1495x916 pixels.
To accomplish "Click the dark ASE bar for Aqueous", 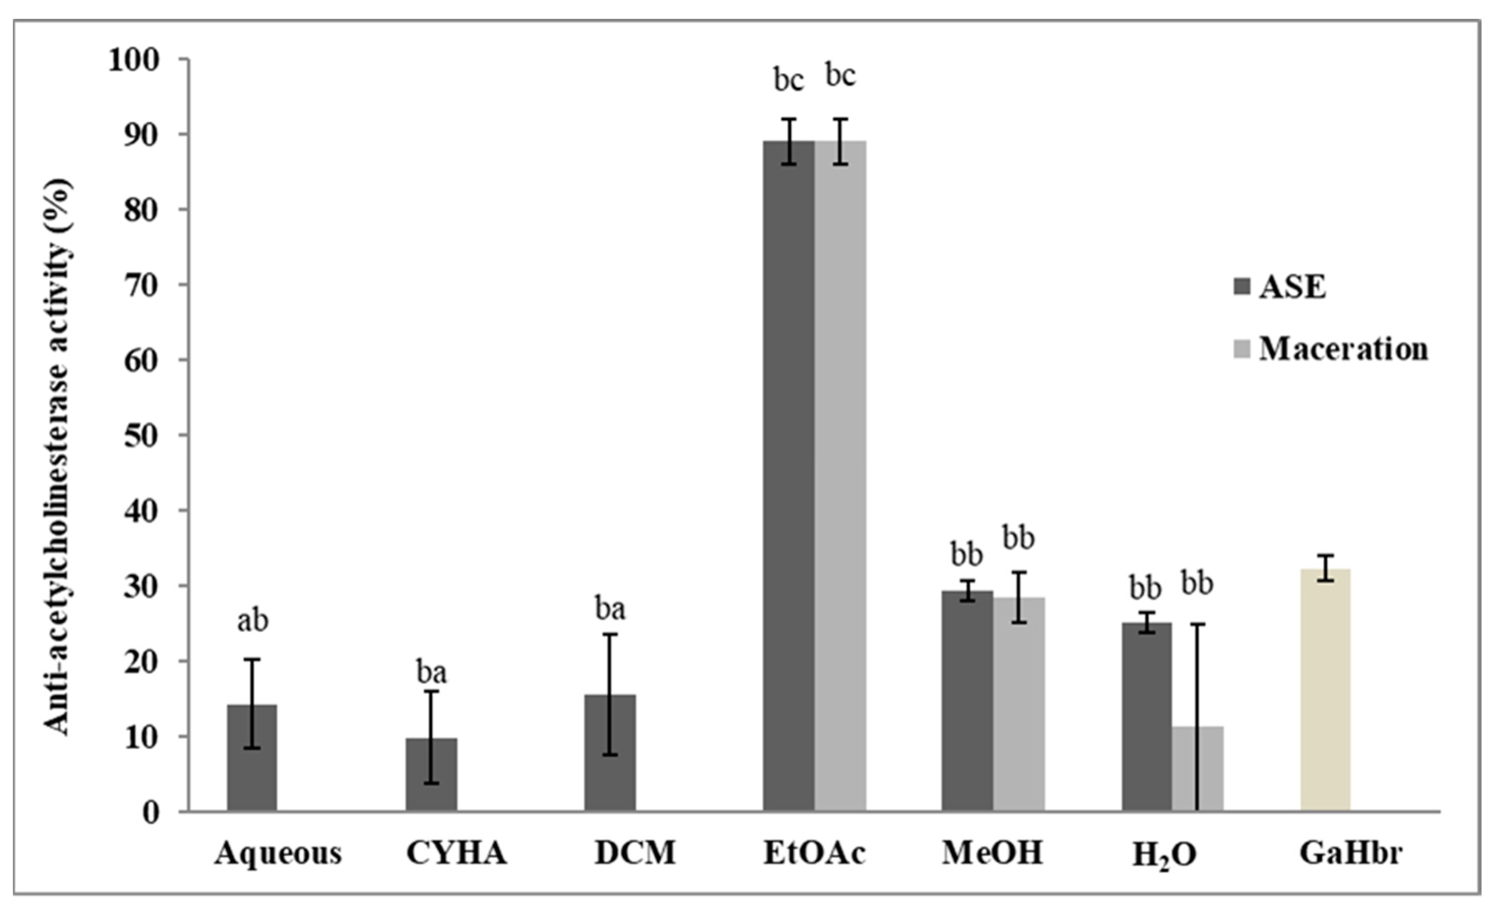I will (252, 758).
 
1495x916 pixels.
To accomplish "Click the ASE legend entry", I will (1280, 287).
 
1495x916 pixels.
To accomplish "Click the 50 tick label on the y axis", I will (141, 435).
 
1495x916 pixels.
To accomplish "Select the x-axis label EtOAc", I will (814, 853).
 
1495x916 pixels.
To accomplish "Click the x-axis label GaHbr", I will (1350, 853).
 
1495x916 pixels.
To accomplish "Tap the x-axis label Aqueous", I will (278, 853).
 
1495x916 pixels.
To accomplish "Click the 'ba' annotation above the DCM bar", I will (610, 609).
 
